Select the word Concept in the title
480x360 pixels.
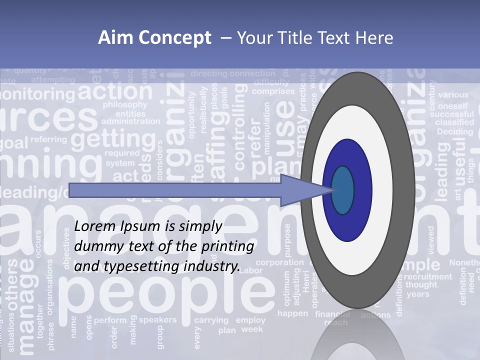pos(171,38)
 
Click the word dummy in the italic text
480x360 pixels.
pos(95,246)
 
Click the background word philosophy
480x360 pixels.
pos(125,105)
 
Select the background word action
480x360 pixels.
pos(115,92)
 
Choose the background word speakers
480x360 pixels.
pos(157,319)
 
